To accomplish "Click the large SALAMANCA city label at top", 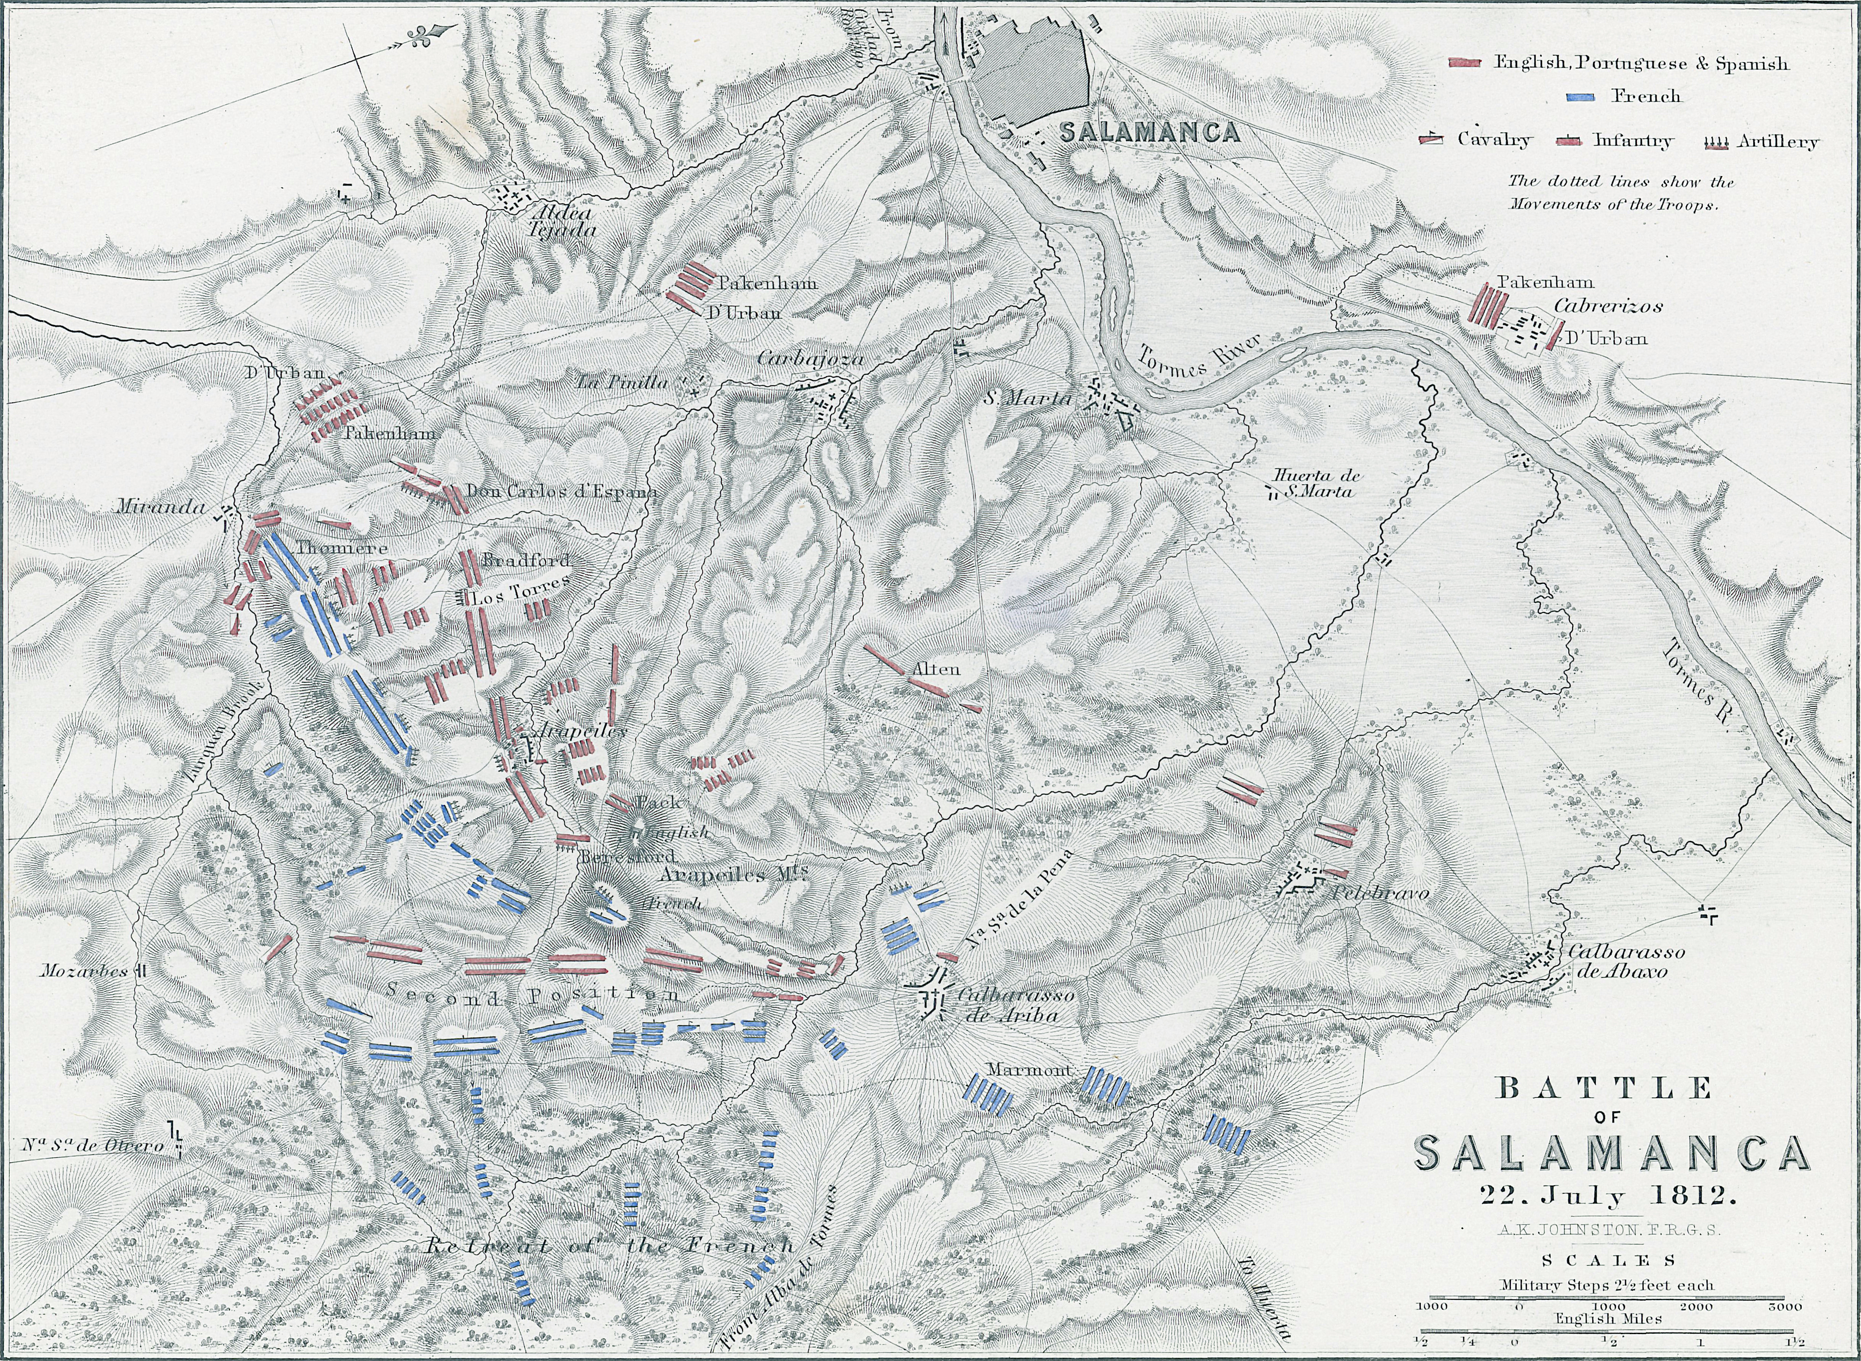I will click(1150, 132).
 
